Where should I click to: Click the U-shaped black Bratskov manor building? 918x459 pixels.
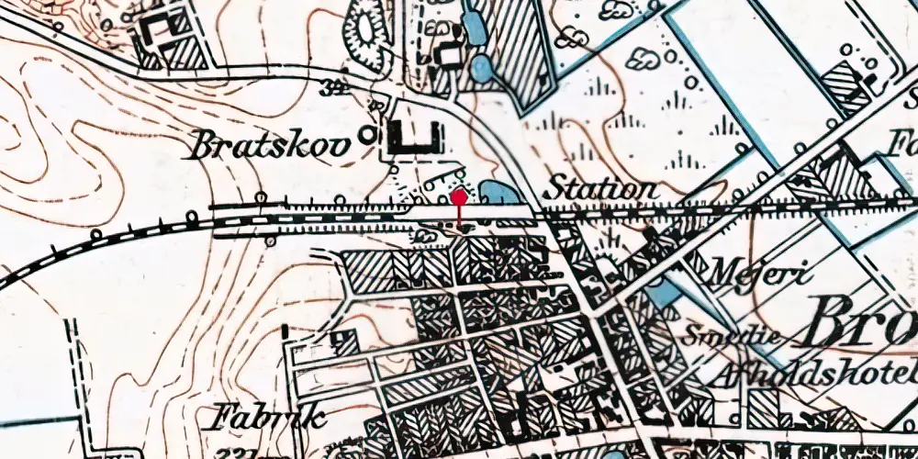tap(413, 138)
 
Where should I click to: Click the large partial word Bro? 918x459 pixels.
tap(863, 321)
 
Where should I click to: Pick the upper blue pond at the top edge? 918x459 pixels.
tap(475, 26)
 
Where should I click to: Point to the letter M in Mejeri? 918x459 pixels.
tap(722, 272)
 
